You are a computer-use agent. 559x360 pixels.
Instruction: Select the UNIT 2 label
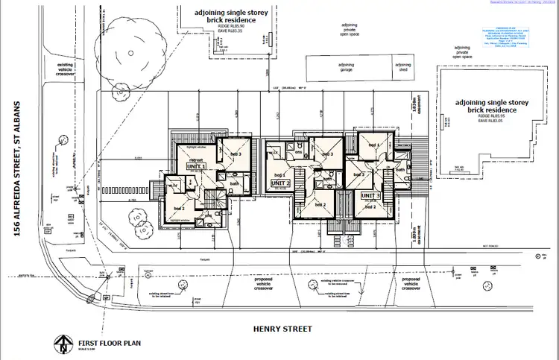click(x=280, y=183)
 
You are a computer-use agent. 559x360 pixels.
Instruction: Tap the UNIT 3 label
click(x=370, y=195)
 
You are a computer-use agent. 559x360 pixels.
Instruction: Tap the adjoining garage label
click(x=345, y=66)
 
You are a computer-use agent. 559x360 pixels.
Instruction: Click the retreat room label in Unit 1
click(x=197, y=159)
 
